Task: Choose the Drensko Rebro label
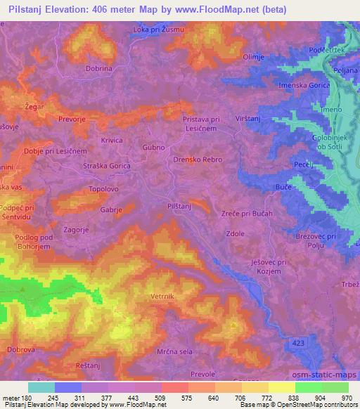click(198, 160)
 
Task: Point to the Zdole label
click(234, 235)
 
